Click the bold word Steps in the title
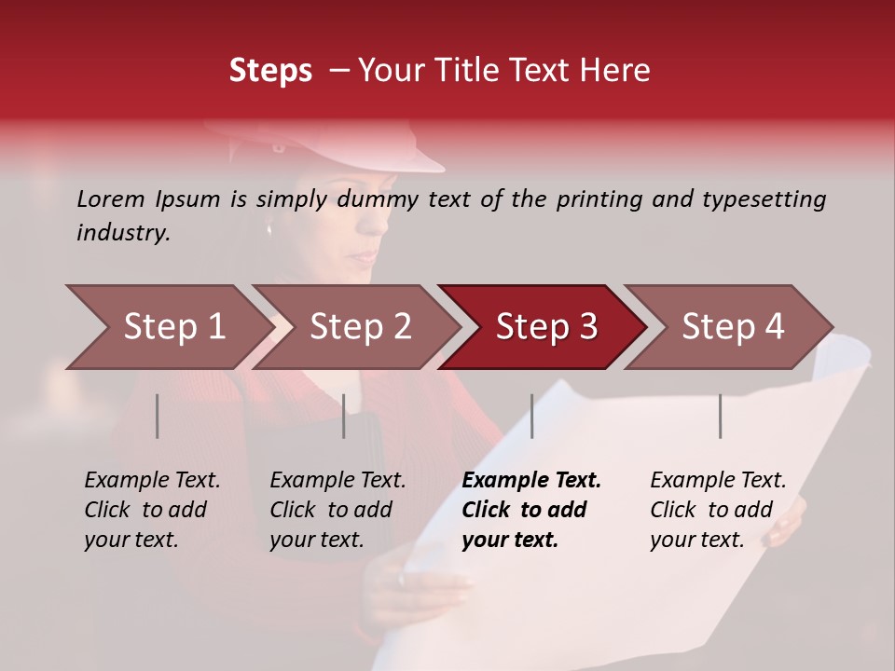tap(270, 71)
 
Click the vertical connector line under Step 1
tap(158, 416)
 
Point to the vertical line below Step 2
tap(344, 416)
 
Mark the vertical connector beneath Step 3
tap(532, 416)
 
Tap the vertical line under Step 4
tap(720, 416)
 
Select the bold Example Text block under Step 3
tap(531, 510)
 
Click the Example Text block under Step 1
tap(152, 510)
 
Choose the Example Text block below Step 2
tap(337, 510)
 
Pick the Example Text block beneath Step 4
tap(718, 510)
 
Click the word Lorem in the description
tap(111, 199)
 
